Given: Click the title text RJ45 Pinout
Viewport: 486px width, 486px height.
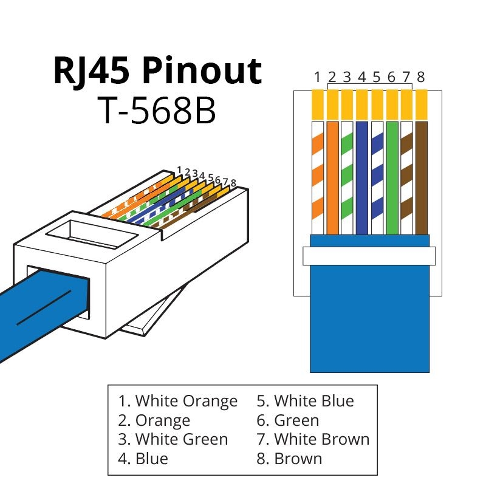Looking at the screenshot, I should coord(157,72).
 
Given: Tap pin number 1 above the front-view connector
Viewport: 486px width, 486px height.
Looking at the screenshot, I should coord(317,77).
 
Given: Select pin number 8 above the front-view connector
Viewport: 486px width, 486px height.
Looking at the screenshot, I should coord(420,77).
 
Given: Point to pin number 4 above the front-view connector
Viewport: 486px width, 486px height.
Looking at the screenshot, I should coord(361,77).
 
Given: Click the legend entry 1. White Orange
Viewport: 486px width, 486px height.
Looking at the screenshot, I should coord(177,401).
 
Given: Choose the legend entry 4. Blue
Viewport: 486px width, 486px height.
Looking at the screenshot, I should coord(143,458).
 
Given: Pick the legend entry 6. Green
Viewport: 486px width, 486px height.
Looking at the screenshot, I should coord(287,420).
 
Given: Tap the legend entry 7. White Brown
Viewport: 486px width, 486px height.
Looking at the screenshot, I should coord(312,439).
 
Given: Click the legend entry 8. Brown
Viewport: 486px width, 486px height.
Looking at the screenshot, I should coord(289,458).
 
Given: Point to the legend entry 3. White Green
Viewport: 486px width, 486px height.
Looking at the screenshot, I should coord(173,439).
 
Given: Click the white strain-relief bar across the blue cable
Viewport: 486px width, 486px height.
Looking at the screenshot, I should coord(369,256).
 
